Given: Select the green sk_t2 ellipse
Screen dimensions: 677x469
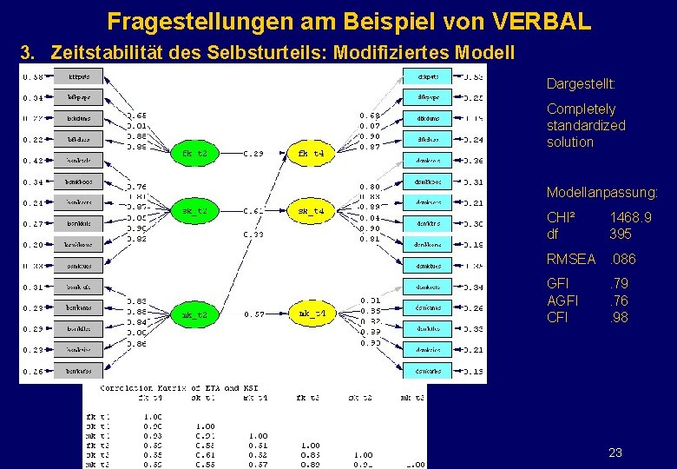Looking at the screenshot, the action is [194, 211].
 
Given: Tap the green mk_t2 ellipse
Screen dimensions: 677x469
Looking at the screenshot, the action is [194, 314].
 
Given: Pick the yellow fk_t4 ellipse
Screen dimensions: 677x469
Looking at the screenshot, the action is [310, 153].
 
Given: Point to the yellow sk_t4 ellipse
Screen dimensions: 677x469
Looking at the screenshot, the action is [310, 211].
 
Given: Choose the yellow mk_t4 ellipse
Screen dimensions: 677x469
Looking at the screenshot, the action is [310, 314].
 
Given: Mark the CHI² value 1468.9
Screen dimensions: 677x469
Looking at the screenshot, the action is [630, 217].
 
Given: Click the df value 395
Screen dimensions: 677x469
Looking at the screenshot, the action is [621, 234].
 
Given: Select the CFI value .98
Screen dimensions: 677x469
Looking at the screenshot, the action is [618, 317].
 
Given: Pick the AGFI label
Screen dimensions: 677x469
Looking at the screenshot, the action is [562, 301].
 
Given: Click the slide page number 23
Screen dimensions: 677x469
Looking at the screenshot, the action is [615, 452].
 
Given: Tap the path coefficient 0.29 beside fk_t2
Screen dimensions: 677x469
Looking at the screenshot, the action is [253, 154].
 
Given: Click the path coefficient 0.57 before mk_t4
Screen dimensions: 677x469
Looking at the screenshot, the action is [253, 314].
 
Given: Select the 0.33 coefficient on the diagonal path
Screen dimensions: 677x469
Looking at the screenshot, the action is [253, 234].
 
